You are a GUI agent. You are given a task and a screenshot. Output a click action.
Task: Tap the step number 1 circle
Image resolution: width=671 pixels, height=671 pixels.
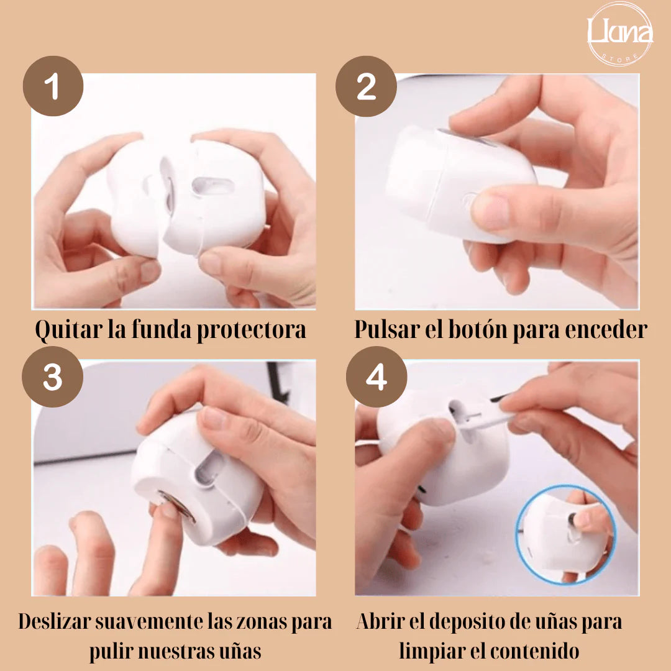click(53, 87)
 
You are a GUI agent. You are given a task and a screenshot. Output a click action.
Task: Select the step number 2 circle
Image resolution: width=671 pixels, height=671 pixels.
click(367, 87)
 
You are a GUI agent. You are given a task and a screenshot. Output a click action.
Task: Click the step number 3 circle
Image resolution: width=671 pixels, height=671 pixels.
click(53, 377)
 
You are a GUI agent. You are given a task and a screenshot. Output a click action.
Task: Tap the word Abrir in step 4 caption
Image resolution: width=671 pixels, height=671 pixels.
click(380, 621)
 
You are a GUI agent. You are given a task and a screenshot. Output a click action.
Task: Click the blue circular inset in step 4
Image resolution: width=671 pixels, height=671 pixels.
click(565, 534)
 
